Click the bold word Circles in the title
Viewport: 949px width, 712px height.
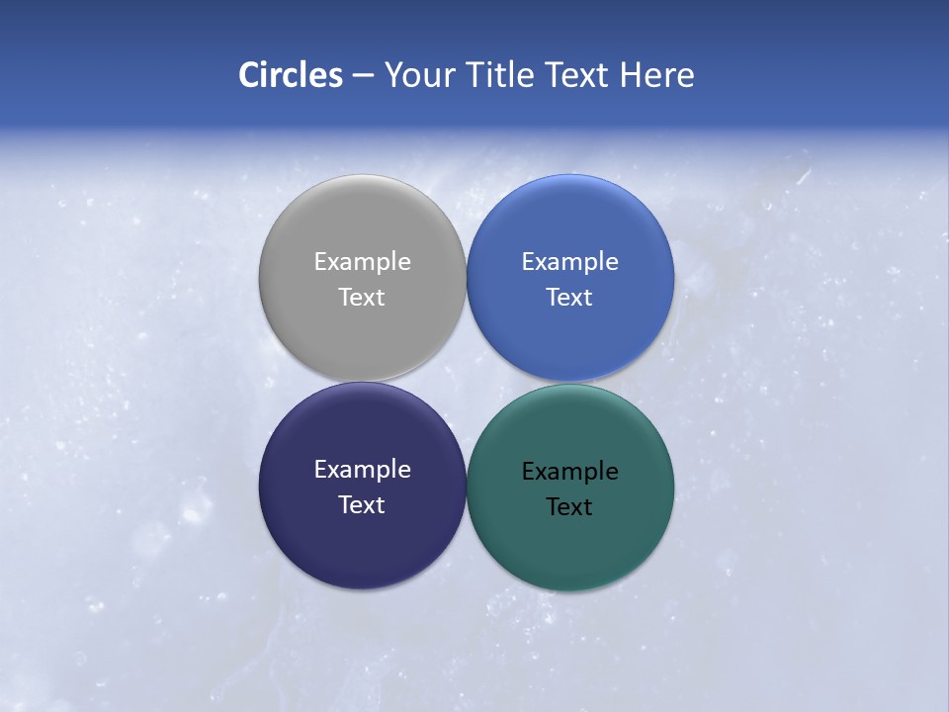[291, 75]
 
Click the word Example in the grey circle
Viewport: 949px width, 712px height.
[362, 261]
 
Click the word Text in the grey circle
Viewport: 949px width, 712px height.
[362, 297]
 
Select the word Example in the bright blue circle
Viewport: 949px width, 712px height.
[569, 261]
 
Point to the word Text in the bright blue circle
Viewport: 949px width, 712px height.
[569, 297]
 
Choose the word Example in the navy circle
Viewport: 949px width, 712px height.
[362, 469]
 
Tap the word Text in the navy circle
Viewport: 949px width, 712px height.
[362, 504]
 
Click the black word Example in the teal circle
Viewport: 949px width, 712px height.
[569, 471]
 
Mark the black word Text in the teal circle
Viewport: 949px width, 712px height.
[569, 506]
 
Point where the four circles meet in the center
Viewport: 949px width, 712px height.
[466, 382]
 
